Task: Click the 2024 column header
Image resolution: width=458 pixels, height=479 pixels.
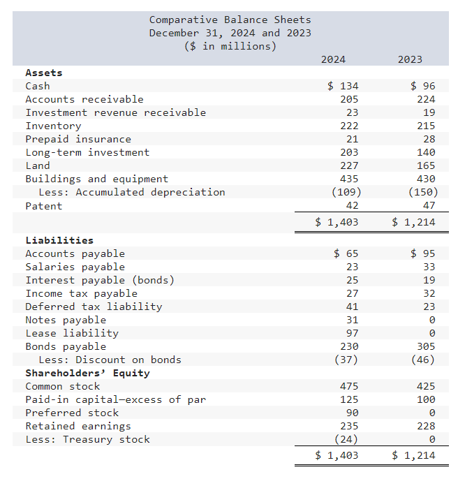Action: click(x=333, y=59)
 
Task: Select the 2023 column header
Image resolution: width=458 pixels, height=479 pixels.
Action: click(x=410, y=59)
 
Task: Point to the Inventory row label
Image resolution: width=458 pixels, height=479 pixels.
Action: click(x=53, y=126)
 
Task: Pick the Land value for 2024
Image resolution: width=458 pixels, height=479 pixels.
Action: click(x=348, y=165)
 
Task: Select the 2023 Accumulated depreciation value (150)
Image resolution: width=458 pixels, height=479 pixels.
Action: click(x=421, y=192)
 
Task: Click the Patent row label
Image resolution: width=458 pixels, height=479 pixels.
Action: click(x=43, y=206)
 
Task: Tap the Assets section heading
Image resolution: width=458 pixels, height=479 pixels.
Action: click(x=43, y=73)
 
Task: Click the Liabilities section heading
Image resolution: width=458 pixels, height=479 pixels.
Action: click(x=59, y=240)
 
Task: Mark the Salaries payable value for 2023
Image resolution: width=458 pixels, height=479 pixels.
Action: click(x=428, y=267)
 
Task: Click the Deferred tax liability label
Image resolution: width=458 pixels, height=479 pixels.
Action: click(x=94, y=307)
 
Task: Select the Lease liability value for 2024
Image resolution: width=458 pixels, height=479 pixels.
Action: click(x=352, y=333)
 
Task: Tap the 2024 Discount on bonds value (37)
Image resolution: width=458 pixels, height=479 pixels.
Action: click(x=348, y=360)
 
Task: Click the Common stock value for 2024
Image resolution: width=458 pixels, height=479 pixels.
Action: click(x=348, y=386)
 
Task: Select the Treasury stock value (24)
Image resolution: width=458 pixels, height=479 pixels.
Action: click(x=348, y=439)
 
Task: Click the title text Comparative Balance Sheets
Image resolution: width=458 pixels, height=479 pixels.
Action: click(x=230, y=20)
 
